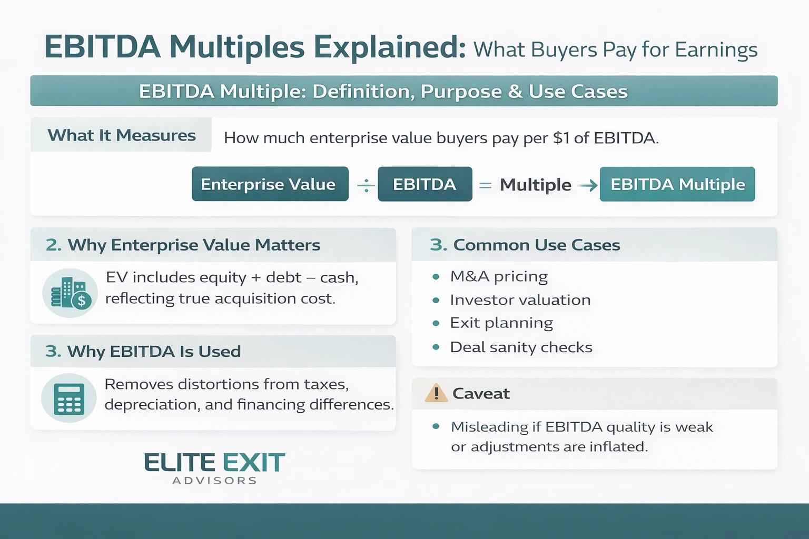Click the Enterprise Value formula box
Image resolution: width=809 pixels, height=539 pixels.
270,184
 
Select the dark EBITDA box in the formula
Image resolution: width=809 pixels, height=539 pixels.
425,184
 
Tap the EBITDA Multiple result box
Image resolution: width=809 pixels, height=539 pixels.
677,184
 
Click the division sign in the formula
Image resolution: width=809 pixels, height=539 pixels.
366,185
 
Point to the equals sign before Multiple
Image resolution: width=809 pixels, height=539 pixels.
485,185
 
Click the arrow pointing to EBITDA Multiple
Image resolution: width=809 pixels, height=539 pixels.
587,185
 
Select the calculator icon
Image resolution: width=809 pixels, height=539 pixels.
69,398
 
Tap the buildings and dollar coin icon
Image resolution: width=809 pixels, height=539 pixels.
70,293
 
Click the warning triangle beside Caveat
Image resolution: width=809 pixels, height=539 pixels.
436,393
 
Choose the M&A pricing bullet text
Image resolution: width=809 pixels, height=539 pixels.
498,276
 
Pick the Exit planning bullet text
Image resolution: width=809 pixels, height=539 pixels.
501,323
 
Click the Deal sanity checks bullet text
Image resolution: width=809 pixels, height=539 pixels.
521,347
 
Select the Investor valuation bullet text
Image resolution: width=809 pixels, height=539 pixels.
520,300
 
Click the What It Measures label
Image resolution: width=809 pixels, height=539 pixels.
122,135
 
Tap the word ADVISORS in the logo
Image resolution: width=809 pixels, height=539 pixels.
214,481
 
